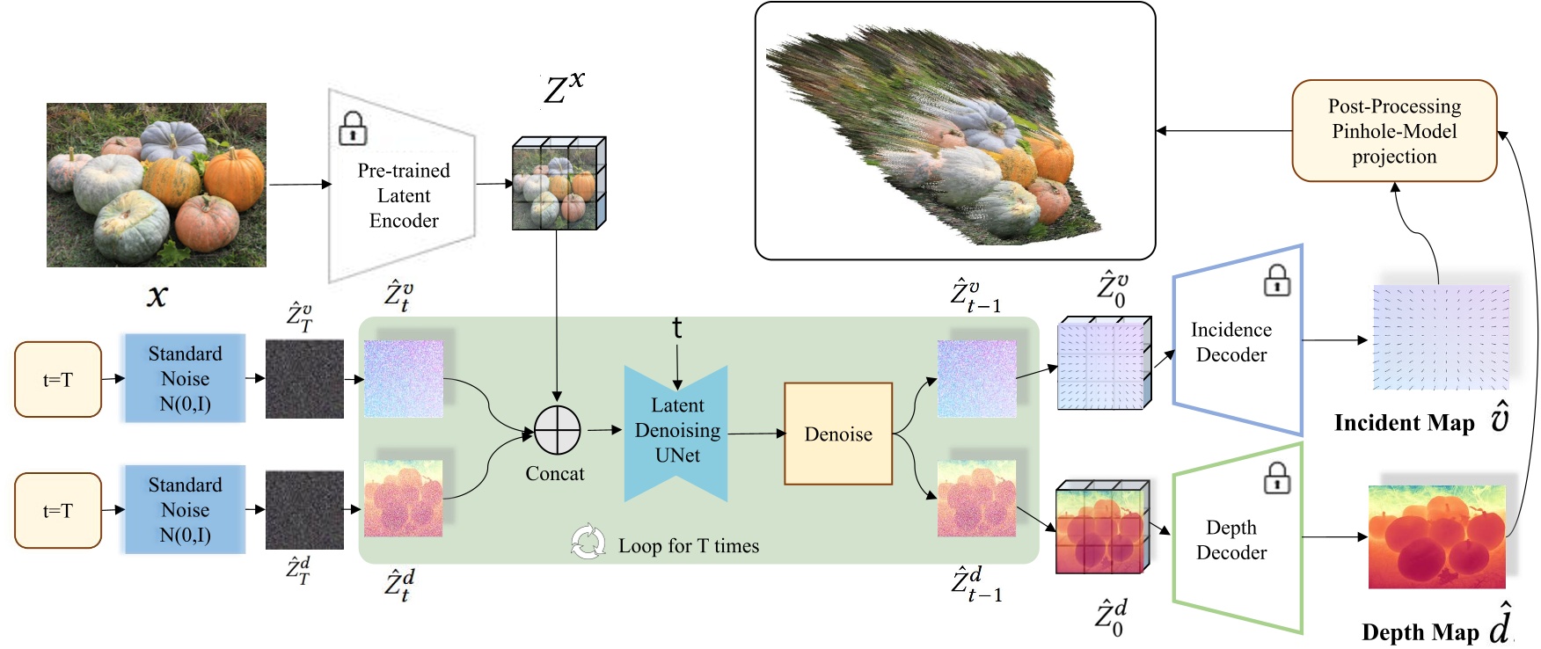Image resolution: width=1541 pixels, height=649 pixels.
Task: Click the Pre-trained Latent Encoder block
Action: [403, 195]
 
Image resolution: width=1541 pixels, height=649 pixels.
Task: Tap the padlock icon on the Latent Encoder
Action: [353, 128]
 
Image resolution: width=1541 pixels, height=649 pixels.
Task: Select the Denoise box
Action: [837, 434]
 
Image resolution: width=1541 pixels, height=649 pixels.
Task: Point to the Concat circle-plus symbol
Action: [557, 431]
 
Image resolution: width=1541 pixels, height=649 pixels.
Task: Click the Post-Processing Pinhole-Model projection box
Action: [1393, 131]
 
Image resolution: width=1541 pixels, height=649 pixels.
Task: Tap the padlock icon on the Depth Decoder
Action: [1276, 478]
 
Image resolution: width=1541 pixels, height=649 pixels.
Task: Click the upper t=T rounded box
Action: [58, 380]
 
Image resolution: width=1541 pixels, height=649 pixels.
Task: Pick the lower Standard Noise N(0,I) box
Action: [185, 510]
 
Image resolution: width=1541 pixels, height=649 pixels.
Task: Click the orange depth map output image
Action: [1436, 536]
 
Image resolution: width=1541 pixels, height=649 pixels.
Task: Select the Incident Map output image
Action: [1440, 338]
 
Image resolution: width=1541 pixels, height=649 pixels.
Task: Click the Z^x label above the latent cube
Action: [563, 88]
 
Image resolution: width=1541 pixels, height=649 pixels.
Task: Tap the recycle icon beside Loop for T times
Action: [588, 543]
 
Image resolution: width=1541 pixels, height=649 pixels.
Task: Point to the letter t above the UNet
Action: [676, 328]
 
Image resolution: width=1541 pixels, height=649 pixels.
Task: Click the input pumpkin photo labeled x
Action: [157, 185]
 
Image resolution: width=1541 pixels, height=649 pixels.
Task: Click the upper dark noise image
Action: [304, 379]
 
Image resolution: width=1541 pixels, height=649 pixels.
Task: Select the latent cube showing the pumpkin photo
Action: [559, 184]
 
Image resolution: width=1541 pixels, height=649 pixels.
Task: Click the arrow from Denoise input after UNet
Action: [756, 433]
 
